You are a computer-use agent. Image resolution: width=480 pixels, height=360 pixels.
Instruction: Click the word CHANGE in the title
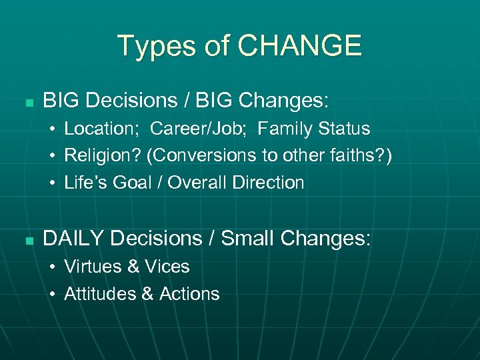[300, 46]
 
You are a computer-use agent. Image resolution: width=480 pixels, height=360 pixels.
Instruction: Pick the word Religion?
[102, 155]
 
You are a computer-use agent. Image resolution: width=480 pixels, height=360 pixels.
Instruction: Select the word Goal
[133, 183]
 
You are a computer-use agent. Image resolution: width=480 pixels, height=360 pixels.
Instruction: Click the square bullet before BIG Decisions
[27, 103]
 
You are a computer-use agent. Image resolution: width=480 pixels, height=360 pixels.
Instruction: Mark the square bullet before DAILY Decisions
[27, 240]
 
